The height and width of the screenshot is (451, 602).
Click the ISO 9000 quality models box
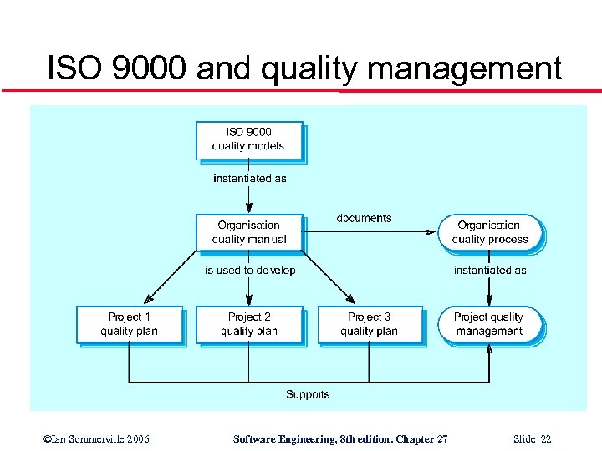pyautogui.click(x=248, y=139)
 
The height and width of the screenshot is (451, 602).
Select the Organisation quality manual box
pyautogui.click(x=248, y=232)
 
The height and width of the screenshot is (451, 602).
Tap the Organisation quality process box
pyautogui.click(x=490, y=232)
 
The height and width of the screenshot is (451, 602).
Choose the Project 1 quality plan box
pyautogui.click(x=129, y=324)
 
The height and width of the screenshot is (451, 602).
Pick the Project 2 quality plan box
pyautogui.click(x=248, y=324)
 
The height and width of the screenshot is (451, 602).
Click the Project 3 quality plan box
pyautogui.click(x=369, y=324)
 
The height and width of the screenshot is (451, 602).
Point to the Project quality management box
pyautogui.click(x=490, y=324)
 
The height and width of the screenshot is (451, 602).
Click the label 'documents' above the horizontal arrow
pyautogui.click(x=364, y=218)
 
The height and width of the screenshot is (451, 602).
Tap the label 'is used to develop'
pyautogui.click(x=250, y=271)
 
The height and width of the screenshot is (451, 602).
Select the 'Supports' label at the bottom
pyautogui.click(x=308, y=394)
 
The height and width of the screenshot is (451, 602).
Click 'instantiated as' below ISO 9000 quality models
pyautogui.click(x=249, y=178)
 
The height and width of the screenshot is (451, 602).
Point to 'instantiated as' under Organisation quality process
pyautogui.click(x=490, y=271)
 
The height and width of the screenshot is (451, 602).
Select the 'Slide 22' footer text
pyautogui.click(x=533, y=439)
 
